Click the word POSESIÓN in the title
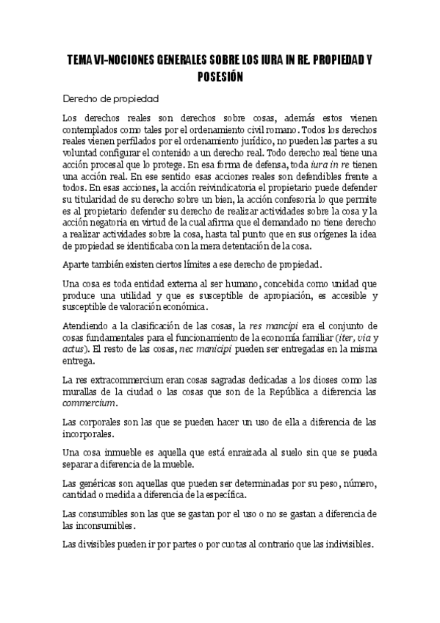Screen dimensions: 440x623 tap(220, 76)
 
